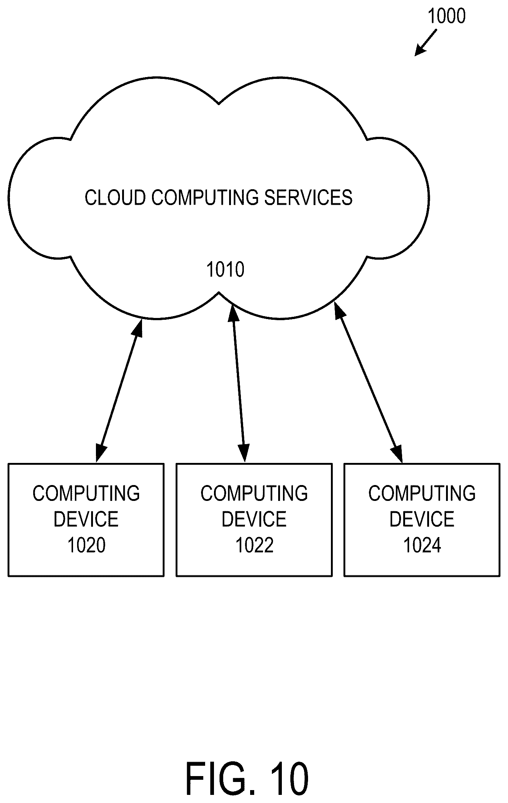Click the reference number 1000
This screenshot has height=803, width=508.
[446, 17]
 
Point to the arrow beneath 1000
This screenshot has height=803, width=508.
[426, 43]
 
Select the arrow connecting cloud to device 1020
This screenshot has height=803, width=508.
[119, 390]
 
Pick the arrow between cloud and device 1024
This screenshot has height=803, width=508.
[368, 381]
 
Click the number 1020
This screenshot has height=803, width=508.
[86, 545]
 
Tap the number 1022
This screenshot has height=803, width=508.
[254, 545]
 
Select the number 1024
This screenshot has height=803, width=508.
[422, 545]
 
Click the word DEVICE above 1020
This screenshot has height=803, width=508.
[86, 519]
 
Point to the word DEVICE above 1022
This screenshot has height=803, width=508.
[254, 519]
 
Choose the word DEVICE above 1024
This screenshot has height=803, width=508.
[422, 519]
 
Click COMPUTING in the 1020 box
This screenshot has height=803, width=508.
[86, 493]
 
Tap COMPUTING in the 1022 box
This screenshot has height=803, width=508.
[254, 493]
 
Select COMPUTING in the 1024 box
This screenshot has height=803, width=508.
[422, 493]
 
